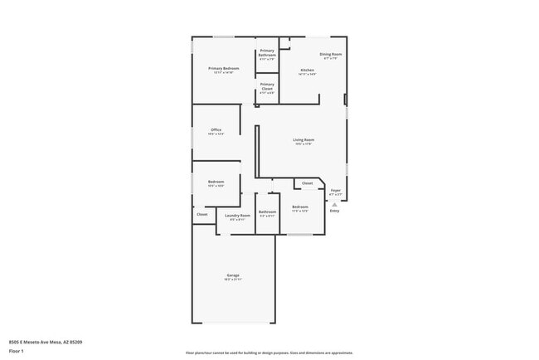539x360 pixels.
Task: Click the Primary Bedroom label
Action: [224, 68]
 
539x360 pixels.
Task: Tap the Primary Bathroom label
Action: [267, 55]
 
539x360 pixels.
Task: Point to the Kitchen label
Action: [307, 70]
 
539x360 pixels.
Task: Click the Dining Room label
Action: [330, 54]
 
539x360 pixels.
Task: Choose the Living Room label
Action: [303, 139]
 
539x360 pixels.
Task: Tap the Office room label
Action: [216, 129]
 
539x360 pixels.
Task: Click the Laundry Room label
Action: [237, 215]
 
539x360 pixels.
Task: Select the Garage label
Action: [234, 275]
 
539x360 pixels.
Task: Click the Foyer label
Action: [335, 190]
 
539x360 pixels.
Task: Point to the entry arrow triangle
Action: [335, 203]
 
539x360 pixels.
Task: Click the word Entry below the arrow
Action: [335, 212]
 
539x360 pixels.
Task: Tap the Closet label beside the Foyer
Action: [307, 182]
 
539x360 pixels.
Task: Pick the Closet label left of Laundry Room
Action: [202, 215]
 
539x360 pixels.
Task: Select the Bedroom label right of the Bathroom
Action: [300, 207]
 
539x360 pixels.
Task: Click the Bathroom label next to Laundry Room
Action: [267, 212]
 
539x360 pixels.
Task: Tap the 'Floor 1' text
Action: [17, 351]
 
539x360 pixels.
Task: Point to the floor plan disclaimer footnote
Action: [269, 353]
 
